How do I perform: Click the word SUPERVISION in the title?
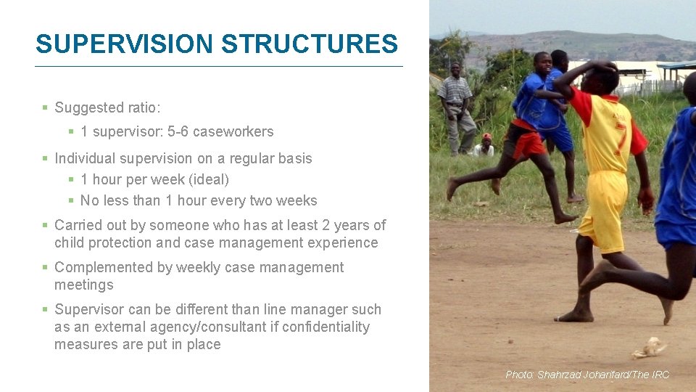125,44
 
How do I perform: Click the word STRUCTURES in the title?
310,44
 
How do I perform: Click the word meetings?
84,285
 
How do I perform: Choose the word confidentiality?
326,327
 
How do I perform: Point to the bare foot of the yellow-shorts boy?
573,316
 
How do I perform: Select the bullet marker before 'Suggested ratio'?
45,107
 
